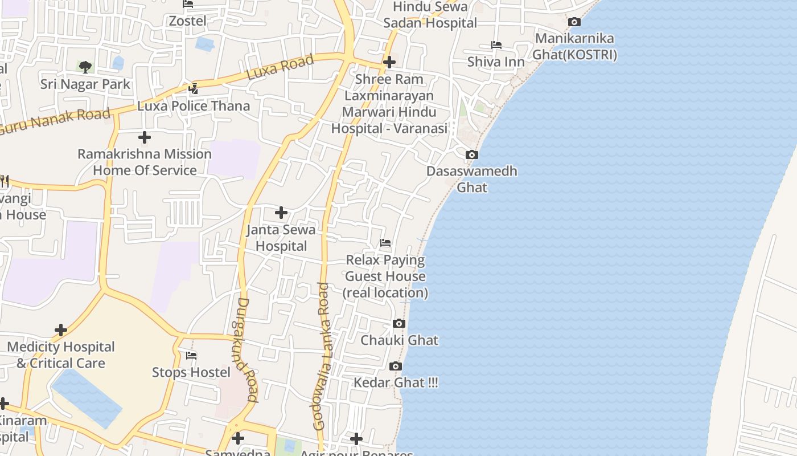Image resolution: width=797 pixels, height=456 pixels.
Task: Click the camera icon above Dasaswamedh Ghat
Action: pyautogui.click(x=471, y=154)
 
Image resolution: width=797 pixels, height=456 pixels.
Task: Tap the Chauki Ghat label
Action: pyautogui.click(x=400, y=340)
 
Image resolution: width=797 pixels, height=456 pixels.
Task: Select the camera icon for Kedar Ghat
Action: pyautogui.click(x=396, y=366)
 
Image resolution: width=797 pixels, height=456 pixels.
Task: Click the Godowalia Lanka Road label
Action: pyautogui.click(x=322, y=356)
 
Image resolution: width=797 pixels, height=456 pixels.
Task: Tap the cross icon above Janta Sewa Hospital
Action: pyautogui.click(x=281, y=213)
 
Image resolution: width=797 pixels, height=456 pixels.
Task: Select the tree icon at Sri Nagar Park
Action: pyautogui.click(x=85, y=67)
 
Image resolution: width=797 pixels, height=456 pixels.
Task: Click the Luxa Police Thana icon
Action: pyautogui.click(x=194, y=89)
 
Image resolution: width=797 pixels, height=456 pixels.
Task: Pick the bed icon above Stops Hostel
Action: pyautogui.click(x=191, y=356)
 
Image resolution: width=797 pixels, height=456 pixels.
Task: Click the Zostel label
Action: pyautogui.click(x=187, y=21)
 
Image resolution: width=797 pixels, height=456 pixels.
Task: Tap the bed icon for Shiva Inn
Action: pyautogui.click(x=496, y=45)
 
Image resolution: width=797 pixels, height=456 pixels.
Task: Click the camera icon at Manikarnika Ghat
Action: pyautogui.click(x=574, y=22)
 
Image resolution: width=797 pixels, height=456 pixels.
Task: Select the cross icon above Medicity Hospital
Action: pyautogui.click(x=61, y=330)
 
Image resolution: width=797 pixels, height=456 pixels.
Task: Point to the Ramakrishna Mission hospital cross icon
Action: pyautogui.click(x=145, y=137)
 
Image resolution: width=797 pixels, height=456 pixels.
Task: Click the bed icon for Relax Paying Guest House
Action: pyautogui.click(x=385, y=243)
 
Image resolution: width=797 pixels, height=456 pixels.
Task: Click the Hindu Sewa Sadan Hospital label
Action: pyautogui.click(x=430, y=15)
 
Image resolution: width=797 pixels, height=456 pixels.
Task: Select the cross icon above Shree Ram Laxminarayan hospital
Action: pyautogui.click(x=389, y=62)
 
